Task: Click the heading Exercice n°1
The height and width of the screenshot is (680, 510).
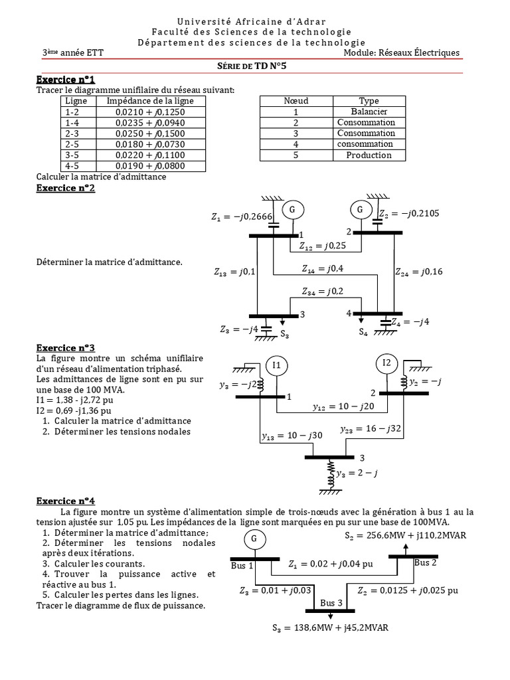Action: tap(66, 80)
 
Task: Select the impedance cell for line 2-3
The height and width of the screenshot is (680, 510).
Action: tap(150, 133)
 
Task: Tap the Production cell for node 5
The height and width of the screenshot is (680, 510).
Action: tap(369, 155)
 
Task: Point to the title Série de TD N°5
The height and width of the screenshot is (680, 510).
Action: tap(255, 66)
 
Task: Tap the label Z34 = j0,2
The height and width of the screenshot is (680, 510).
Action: tap(322, 292)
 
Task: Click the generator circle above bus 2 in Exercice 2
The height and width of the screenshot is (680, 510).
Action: tap(361, 210)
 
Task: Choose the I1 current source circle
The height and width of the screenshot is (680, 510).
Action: tap(277, 365)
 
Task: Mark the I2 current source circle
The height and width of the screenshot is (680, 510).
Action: tap(387, 363)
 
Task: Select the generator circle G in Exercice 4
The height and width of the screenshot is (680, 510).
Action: tap(254, 539)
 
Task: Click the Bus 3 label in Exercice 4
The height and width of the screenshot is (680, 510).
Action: tap(331, 603)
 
